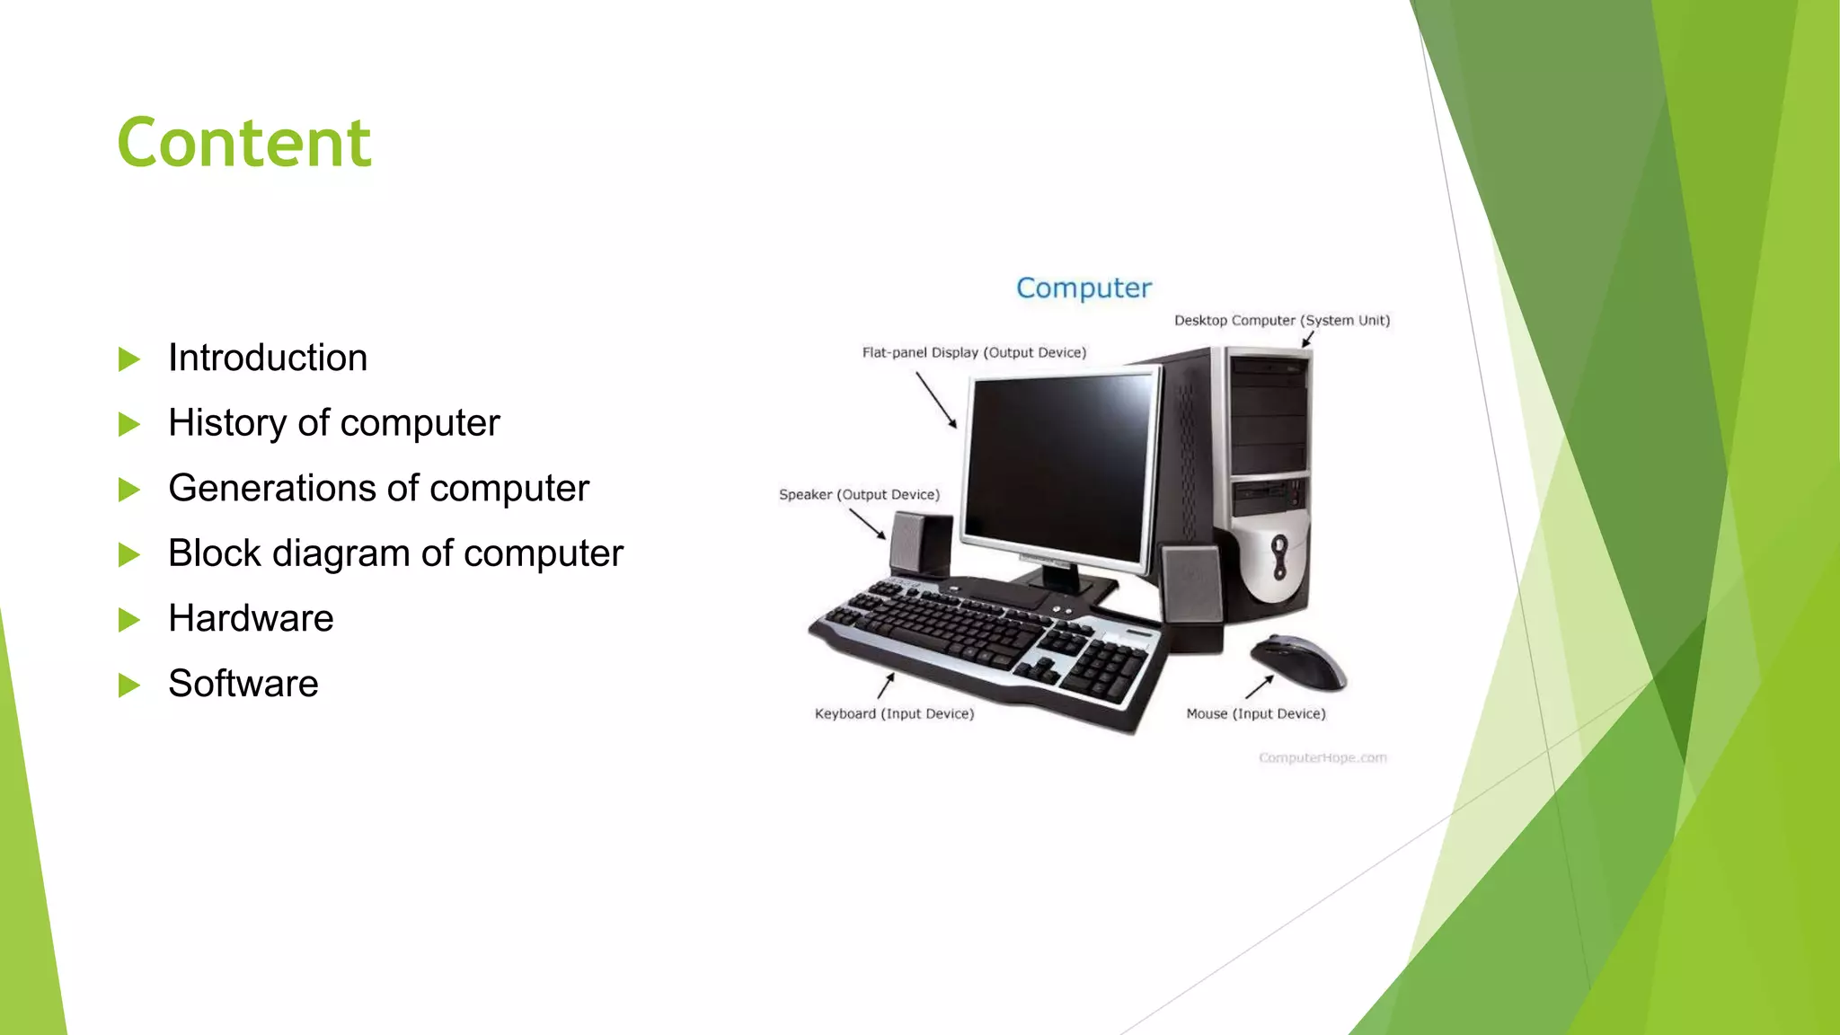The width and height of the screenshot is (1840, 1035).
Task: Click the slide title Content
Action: click(x=243, y=143)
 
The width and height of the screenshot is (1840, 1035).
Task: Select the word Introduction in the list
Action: click(x=268, y=358)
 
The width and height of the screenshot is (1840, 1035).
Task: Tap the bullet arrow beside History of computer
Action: click(x=129, y=424)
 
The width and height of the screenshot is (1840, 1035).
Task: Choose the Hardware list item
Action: click(x=251, y=618)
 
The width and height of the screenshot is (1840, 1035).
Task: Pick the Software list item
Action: click(x=243, y=684)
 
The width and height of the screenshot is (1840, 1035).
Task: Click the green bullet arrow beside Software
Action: click(x=129, y=686)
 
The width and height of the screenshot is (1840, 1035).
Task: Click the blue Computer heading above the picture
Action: click(x=1084, y=288)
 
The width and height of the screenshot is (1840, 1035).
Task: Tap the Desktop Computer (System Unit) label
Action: click(x=1281, y=321)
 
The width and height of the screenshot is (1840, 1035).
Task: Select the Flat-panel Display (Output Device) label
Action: click(x=974, y=353)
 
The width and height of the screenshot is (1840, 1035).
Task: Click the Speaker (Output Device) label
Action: click(x=859, y=495)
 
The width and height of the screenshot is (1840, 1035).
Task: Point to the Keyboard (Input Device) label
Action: click(x=894, y=714)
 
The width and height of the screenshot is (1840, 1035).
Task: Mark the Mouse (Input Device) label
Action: click(x=1255, y=714)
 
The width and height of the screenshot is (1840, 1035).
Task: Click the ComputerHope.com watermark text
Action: click(x=1322, y=758)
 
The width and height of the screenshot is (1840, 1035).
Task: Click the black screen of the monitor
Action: click(x=1060, y=463)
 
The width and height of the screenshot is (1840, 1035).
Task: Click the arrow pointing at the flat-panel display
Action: click(x=936, y=401)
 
